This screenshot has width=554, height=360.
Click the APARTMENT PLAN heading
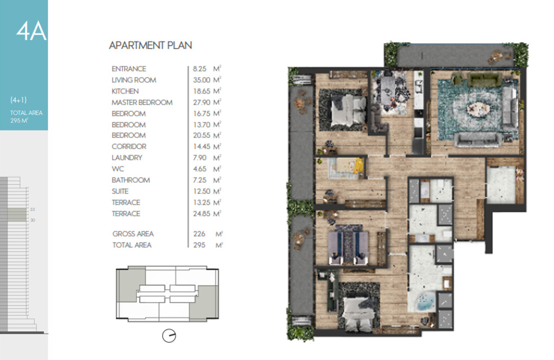pos(150,45)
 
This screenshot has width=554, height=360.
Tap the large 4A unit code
pos(31,31)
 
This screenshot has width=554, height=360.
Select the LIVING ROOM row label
pos(134,80)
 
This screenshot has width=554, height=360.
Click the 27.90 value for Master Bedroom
pos(201,102)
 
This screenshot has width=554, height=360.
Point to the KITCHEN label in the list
pos(125,91)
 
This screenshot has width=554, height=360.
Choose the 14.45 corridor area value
pos(201,146)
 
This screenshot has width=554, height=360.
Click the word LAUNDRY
pos(127,158)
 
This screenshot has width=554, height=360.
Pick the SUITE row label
pos(120,191)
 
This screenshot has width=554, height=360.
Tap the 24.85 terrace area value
pos(201,214)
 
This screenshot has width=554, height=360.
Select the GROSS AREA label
pos(133,234)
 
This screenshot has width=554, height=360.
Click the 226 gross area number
pos(199,234)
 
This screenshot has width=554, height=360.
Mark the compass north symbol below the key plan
pos(169,336)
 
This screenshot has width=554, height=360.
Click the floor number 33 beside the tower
pos(32,210)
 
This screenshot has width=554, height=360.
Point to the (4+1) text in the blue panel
pos(18,100)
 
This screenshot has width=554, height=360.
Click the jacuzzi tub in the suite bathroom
pos(426,302)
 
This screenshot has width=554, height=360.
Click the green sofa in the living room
pos(484,80)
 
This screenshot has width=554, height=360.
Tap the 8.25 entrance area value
pos(200,69)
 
